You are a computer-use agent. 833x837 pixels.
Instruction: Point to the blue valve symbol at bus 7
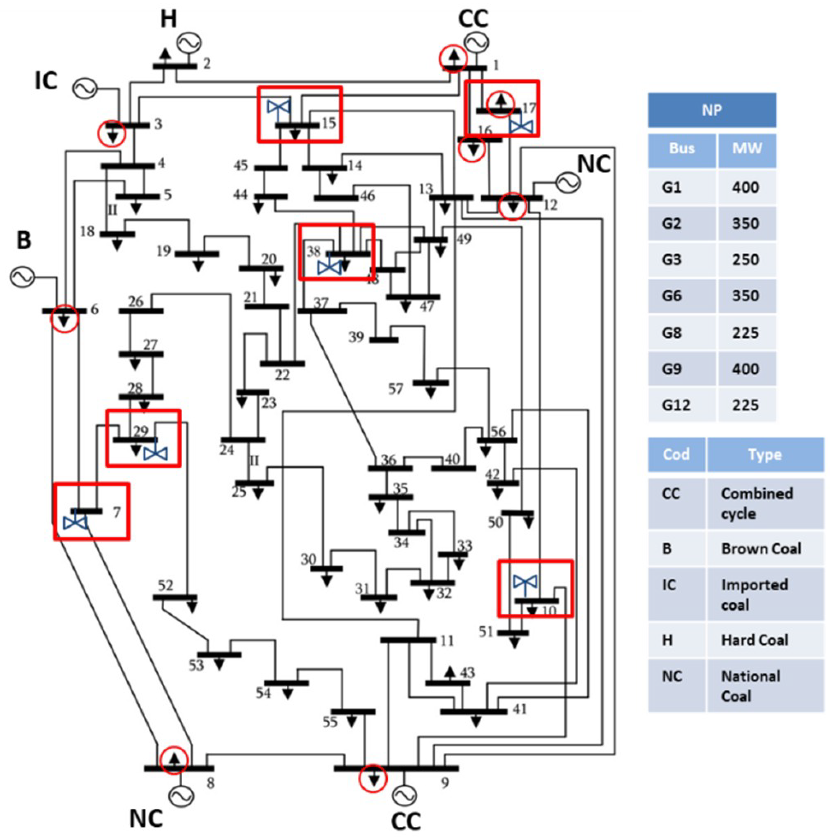(x=75, y=522)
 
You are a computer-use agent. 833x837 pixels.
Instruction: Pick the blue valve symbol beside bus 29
(x=155, y=454)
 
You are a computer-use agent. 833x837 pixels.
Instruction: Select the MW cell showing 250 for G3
(x=746, y=259)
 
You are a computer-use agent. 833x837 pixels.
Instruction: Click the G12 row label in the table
(x=675, y=405)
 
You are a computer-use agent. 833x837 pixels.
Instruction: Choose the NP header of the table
(x=712, y=110)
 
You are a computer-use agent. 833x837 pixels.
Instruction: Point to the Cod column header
(x=676, y=454)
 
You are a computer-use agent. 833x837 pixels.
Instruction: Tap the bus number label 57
(x=395, y=389)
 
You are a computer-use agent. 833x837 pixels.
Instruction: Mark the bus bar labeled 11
(x=408, y=640)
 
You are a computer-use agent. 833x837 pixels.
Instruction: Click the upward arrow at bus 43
(x=449, y=672)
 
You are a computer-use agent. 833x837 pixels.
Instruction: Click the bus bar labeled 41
(x=473, y=711)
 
